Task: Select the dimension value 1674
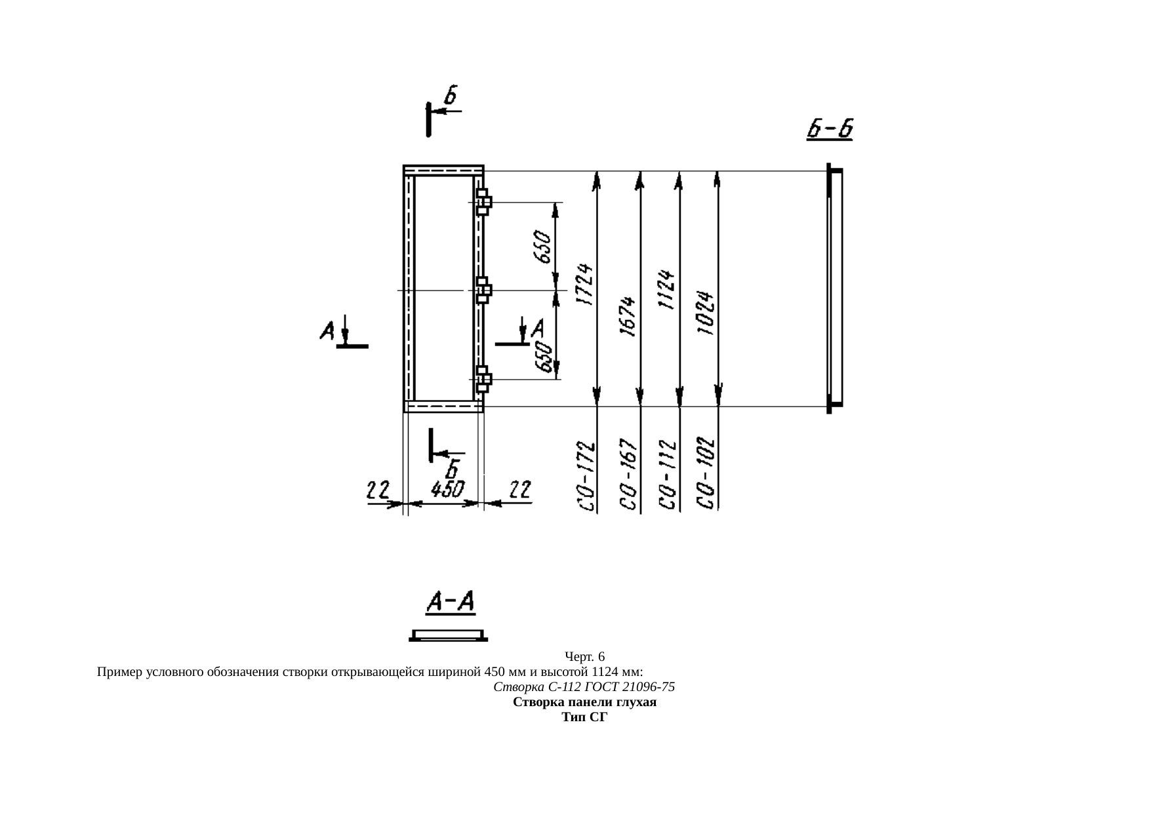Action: click(x=629, y=317)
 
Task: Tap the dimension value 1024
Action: click(x=706, y=313)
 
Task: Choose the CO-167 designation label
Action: click(x=629, y=473)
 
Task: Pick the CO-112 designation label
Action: click(x=668, y=475)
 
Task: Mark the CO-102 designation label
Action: click(x=706, y=472)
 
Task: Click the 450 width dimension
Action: click(x=447, y=490)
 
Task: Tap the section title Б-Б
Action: click(x=830, y=129)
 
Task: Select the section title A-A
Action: click(x=451, y=603)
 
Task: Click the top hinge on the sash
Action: click(x=483, y=202)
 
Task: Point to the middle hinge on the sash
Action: click(x=483, y=290)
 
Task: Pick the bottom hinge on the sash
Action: click(x=483, y=379)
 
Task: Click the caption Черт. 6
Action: click(x=584, y=656)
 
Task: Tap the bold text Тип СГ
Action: click(x=585, y=717)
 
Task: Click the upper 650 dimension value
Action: click(x=544, y=247)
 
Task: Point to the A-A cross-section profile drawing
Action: click(x=449, y=635)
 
